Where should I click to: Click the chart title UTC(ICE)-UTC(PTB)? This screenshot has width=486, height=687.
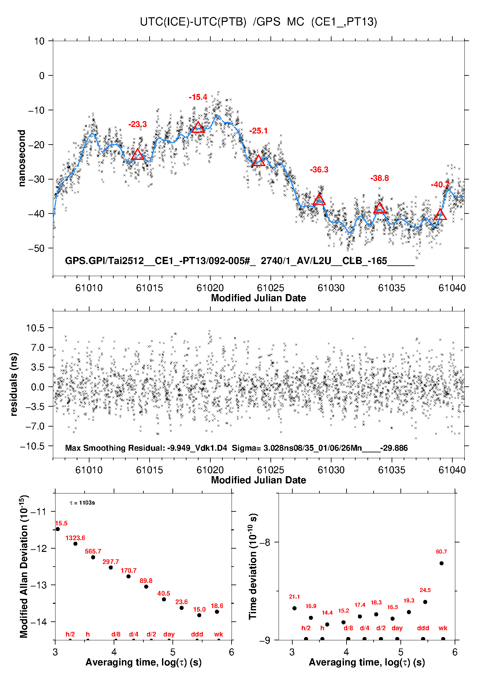[193, 22]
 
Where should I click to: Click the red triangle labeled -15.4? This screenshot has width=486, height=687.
[198, 127]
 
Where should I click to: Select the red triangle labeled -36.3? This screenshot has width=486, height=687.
[319, 200]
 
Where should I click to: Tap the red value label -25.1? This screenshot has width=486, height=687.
[258, 131]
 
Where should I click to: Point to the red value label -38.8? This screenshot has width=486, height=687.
[380, 178]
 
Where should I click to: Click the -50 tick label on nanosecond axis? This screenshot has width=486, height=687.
[36, 248]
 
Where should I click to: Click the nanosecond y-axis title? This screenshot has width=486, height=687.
[22, 158]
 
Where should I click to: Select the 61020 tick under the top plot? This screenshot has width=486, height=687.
[210, 288]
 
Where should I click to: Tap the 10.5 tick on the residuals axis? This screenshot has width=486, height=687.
[35, 328]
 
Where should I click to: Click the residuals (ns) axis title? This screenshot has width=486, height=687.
[13, 384]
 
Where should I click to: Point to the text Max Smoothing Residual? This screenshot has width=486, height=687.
[115, 448]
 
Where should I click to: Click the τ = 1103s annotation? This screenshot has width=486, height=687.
[82, 503]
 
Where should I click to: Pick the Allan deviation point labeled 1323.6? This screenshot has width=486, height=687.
[75, 544]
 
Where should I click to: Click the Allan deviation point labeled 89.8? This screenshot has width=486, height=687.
[146, 586]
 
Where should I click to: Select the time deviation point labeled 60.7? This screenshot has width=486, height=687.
[441, 563]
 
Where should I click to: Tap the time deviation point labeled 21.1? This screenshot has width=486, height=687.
[294, 608]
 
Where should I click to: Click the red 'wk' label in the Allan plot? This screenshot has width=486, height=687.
[219, 634]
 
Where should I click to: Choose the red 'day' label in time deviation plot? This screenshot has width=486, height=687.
[397, 628]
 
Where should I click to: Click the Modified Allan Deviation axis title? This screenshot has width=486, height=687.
[24, 566]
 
